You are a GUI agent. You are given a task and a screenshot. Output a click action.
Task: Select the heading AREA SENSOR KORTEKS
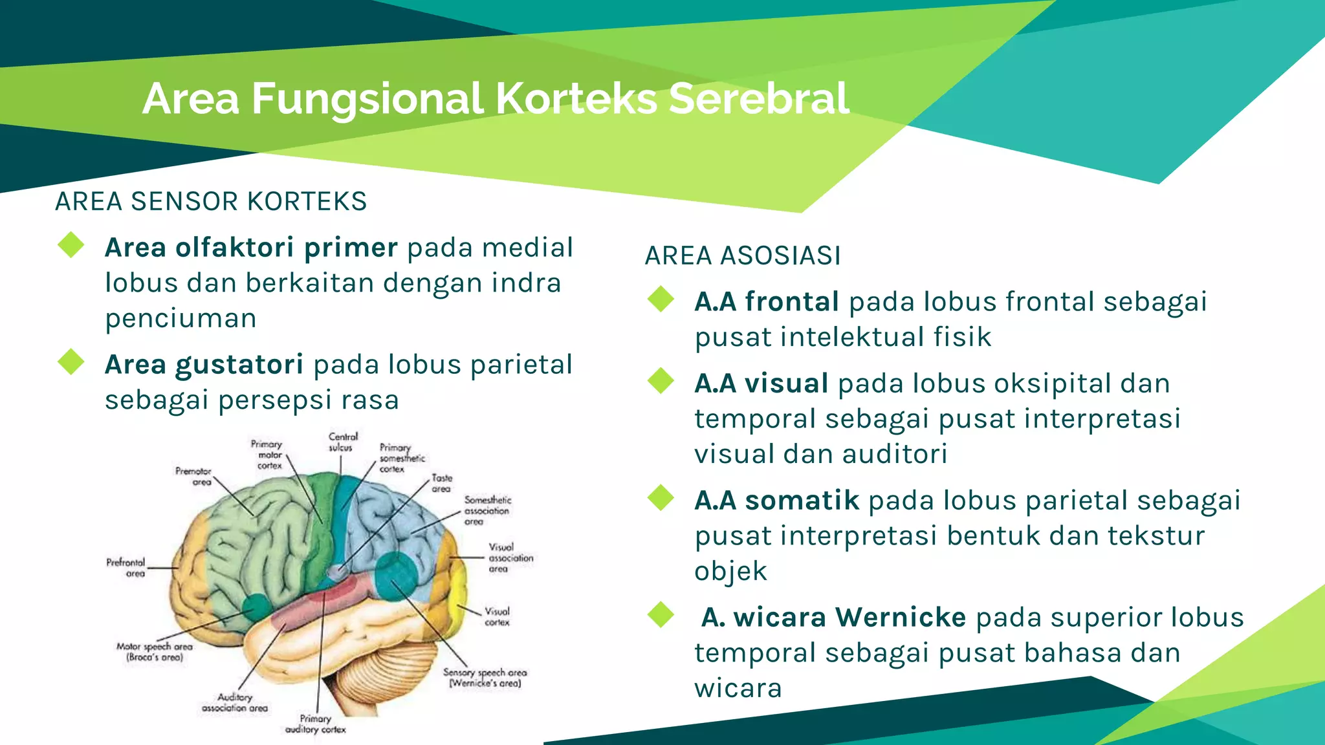coord(211,202)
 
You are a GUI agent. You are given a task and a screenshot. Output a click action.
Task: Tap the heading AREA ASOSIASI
coord(743,256)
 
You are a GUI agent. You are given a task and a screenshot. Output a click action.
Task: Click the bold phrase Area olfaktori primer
coord(251,248)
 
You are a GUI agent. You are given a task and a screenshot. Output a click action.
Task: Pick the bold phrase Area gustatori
coord(204,365)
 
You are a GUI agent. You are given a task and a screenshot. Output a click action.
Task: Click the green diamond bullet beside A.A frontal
coord(661,299)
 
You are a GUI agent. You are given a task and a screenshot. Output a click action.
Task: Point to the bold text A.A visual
coord(761,383)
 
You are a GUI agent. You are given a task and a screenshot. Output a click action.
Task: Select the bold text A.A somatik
coord(776,501)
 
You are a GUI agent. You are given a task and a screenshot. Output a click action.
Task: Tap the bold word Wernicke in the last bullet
coord(900,618)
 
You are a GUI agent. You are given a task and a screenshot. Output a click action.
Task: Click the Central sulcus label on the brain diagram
coord(342,442)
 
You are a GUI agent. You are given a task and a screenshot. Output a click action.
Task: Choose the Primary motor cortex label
coord(267,455)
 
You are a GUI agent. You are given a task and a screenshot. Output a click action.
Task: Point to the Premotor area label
coord(193,476)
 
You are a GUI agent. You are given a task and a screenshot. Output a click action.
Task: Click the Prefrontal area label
coord(126,567)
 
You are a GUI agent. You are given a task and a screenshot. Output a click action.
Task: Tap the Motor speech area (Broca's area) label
coord(155,651)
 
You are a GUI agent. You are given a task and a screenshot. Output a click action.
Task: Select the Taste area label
coord(442,483)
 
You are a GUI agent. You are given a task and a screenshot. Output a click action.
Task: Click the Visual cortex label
coord(497,616)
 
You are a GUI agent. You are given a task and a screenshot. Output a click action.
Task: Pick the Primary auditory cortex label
coord(316,724)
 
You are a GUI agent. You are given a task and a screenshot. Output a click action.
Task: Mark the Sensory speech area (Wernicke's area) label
coord(485,677)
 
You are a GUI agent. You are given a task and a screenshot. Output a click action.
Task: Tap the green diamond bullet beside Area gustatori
coord(71,362)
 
